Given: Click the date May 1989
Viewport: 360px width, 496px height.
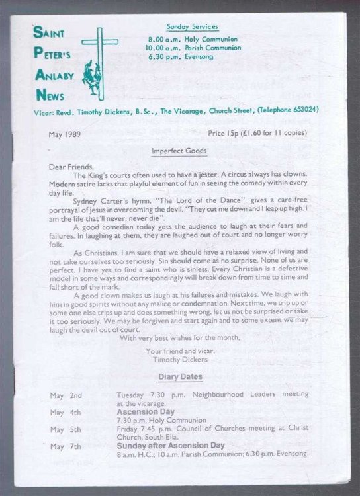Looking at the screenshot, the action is click(65, 134).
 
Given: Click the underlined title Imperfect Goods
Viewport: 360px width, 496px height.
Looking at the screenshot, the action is click(179, 151).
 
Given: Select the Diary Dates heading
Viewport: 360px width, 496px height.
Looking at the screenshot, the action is click(180, 378).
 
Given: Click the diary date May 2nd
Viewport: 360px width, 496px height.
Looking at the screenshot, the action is click(67, 395).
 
